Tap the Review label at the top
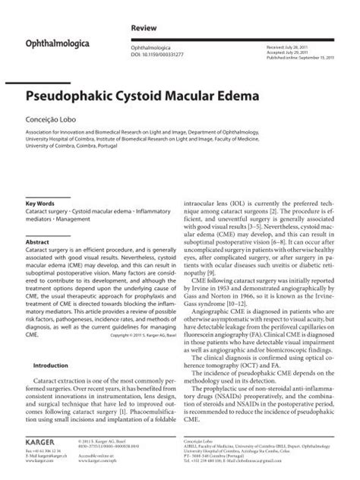pos(144,25)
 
